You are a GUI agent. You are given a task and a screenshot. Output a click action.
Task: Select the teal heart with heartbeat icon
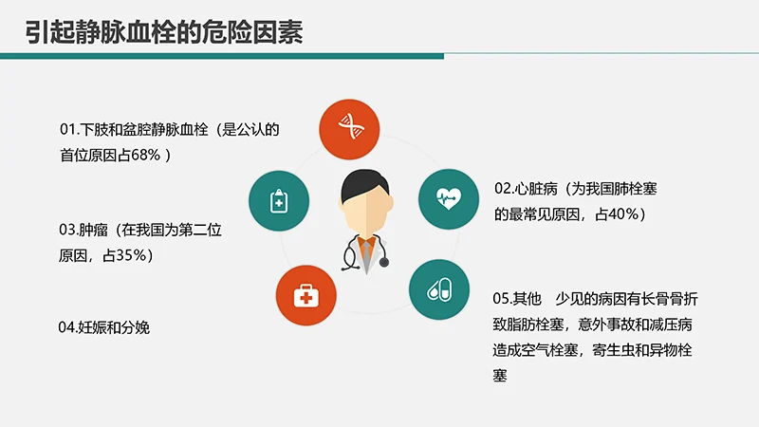coord(447,197)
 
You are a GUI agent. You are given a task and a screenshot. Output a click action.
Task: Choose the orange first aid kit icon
coord(305,298)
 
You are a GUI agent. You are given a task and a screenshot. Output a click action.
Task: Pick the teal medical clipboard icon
coord(278,199)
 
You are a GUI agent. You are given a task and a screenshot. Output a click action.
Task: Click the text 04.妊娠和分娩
coord(104,327)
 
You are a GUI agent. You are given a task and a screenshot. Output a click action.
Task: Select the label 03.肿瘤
coord(85,230)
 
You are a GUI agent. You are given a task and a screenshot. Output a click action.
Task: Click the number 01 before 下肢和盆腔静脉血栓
coord(67,128)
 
